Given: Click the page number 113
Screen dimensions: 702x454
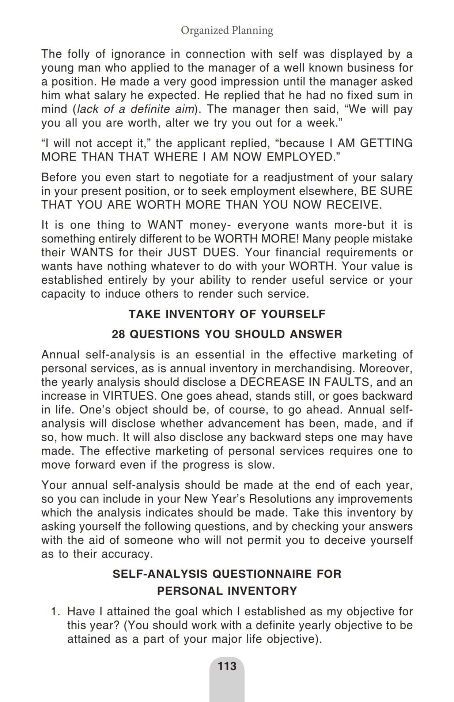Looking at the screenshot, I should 227,666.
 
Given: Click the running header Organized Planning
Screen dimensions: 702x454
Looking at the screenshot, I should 227,30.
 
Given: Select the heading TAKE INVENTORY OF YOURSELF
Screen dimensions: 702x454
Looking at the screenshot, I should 227,314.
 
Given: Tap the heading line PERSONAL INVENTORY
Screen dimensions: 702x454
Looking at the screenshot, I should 227,591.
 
